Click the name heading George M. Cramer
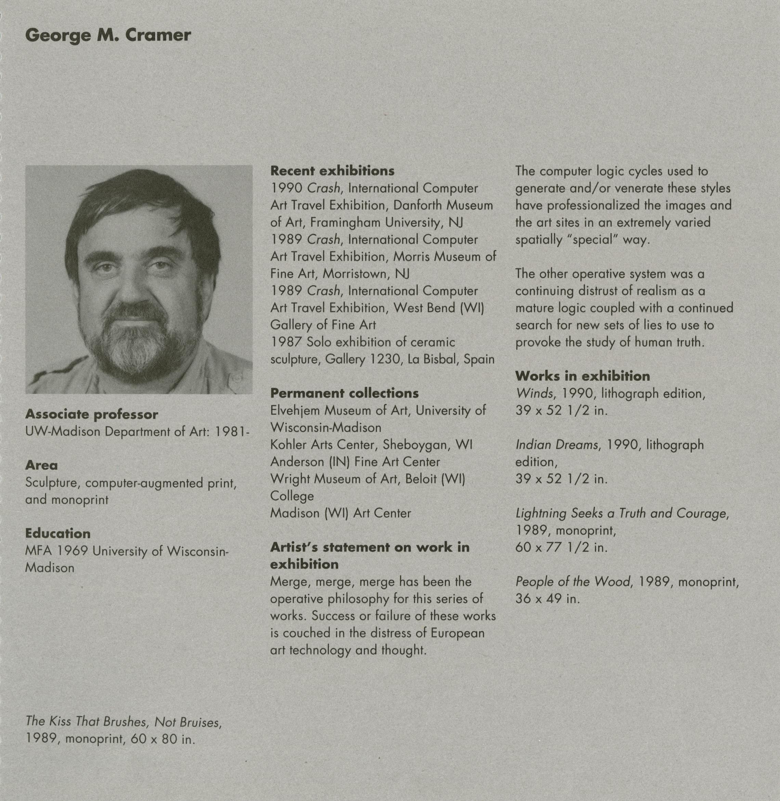108,35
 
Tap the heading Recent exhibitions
332,170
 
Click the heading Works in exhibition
582,376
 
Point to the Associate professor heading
91,415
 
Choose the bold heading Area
41,465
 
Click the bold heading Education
58,533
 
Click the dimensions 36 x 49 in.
547,599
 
